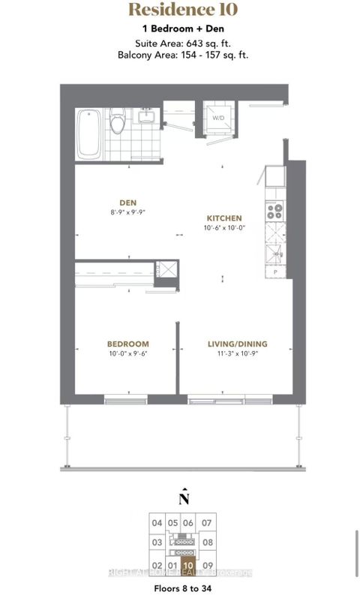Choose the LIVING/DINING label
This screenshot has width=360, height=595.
pos(237,344)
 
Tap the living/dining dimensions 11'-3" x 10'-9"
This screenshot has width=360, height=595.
pos(237,355)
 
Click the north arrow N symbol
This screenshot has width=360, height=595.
pos(183,497)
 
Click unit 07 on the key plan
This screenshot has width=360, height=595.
pos(207,523)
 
